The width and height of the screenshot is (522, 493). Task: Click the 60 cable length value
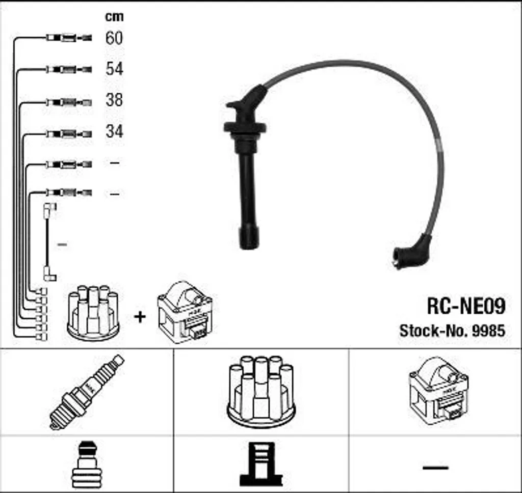[114, 38]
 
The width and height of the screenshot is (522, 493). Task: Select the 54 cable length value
[114, 69]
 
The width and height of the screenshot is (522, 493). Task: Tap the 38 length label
[114, 100]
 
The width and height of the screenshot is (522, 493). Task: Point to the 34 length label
[114, 131]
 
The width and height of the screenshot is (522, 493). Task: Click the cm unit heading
[114, 16]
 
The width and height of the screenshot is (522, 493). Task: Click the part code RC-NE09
[465, 307]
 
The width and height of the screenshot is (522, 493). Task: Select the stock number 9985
[488, 331]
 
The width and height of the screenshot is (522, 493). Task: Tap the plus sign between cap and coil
[139, 317]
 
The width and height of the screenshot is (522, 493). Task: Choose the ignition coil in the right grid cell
[438, 391]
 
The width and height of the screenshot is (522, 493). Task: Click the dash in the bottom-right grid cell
[435, 467]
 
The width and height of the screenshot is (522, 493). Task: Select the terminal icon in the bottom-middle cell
[260, 464]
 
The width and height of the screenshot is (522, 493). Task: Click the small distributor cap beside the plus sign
[93, 313]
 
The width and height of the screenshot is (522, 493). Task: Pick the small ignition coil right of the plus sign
[185, 312]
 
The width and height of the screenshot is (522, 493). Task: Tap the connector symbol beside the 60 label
[69, 38]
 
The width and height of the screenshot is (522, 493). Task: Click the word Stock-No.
[434, 331]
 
